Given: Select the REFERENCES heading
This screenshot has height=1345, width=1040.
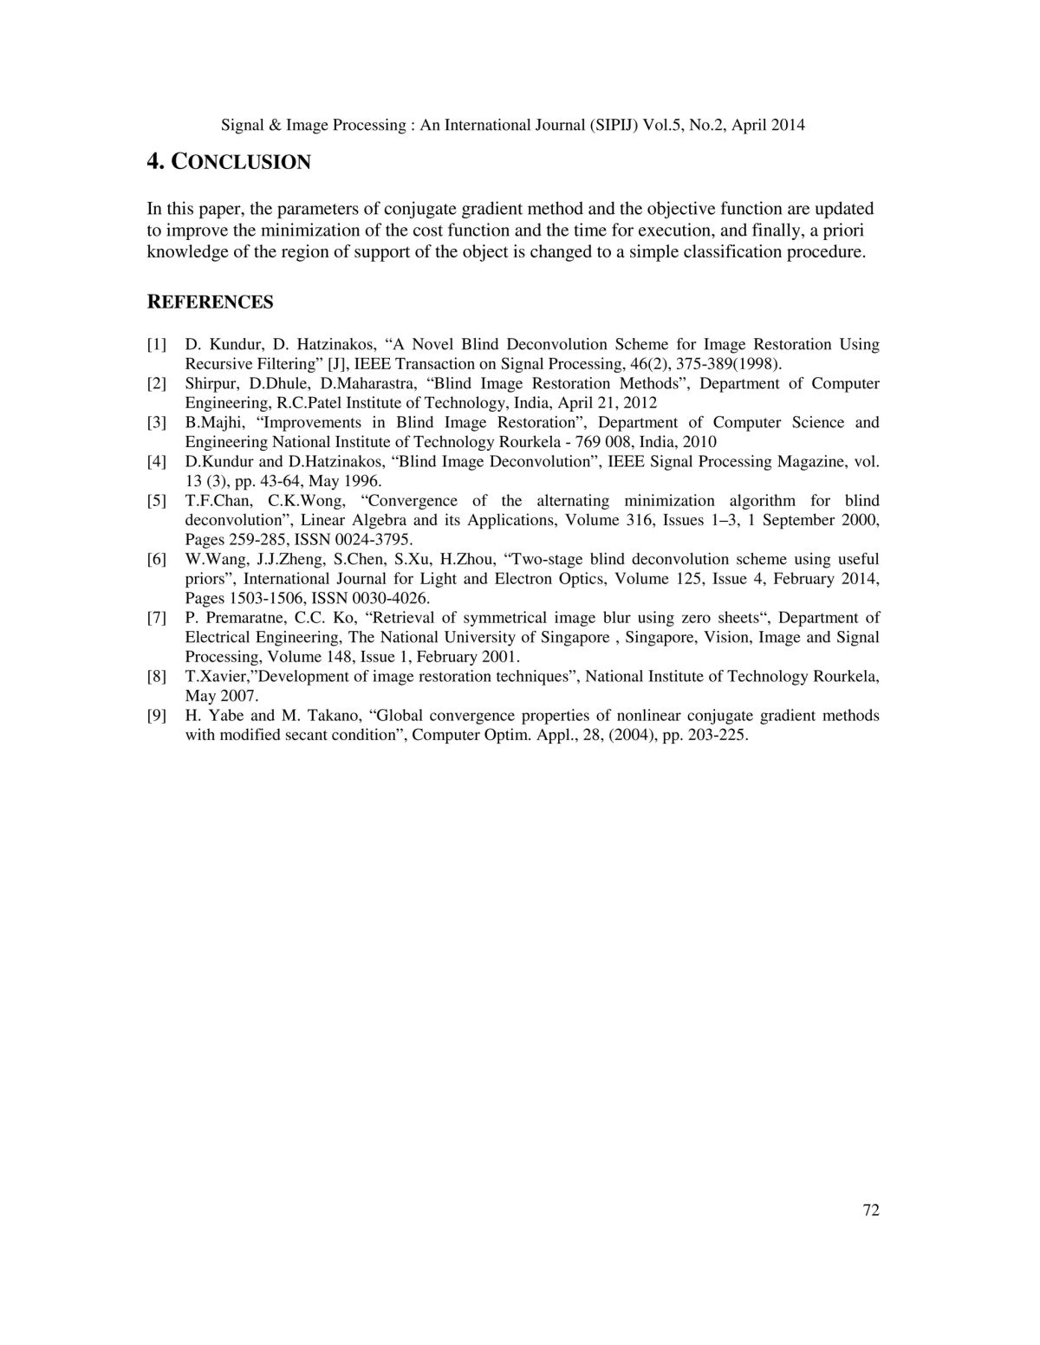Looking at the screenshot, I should (x=210, y=302).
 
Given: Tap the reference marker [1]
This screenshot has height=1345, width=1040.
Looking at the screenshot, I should (x=157, y=345).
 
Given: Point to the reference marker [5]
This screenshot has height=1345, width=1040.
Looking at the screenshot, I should (x=157, y=501).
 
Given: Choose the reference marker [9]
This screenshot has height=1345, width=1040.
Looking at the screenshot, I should (x=157, y=716).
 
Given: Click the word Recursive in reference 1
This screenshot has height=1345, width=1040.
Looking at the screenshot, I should (x=219, y=364).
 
